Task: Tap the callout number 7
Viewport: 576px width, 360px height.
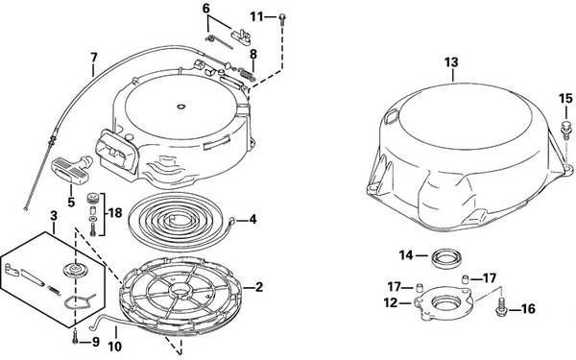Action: tap(93, 68)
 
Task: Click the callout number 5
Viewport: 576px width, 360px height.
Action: tap(69, 203)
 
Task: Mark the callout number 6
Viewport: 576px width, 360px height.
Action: tap(205, 9)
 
